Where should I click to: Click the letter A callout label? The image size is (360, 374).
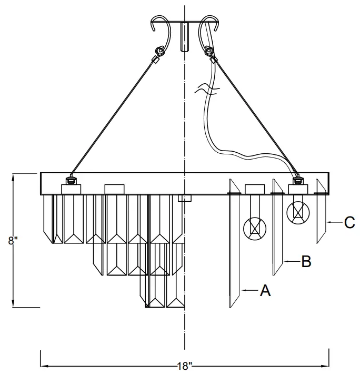265,290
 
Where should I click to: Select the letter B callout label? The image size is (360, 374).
306,261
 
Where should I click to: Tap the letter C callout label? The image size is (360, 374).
349,223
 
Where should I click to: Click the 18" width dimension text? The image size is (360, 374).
184,366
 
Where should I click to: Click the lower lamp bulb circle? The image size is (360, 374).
255,228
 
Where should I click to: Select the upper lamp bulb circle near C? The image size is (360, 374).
298,212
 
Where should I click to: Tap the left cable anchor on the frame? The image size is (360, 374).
71,181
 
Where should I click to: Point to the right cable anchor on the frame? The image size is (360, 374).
297,181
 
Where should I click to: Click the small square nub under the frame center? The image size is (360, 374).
184,199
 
